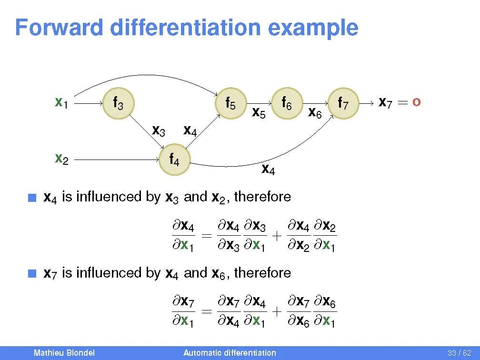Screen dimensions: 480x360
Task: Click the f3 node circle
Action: point(118,103)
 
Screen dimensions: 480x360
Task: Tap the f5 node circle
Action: point(230,103)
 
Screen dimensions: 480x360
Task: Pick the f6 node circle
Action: point(287,103)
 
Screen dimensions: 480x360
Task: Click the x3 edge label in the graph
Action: point(159,130)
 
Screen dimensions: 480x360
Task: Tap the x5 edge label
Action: point(259,113)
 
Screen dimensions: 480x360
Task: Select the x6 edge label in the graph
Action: point(315,113)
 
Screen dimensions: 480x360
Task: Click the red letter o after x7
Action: point(416,102)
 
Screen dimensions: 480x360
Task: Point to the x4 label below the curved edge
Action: point(268,169)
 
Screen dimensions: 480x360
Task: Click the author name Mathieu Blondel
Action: point(64,353)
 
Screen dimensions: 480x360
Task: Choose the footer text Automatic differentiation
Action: point(230,353)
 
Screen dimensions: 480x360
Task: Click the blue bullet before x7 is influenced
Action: point(32,273)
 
